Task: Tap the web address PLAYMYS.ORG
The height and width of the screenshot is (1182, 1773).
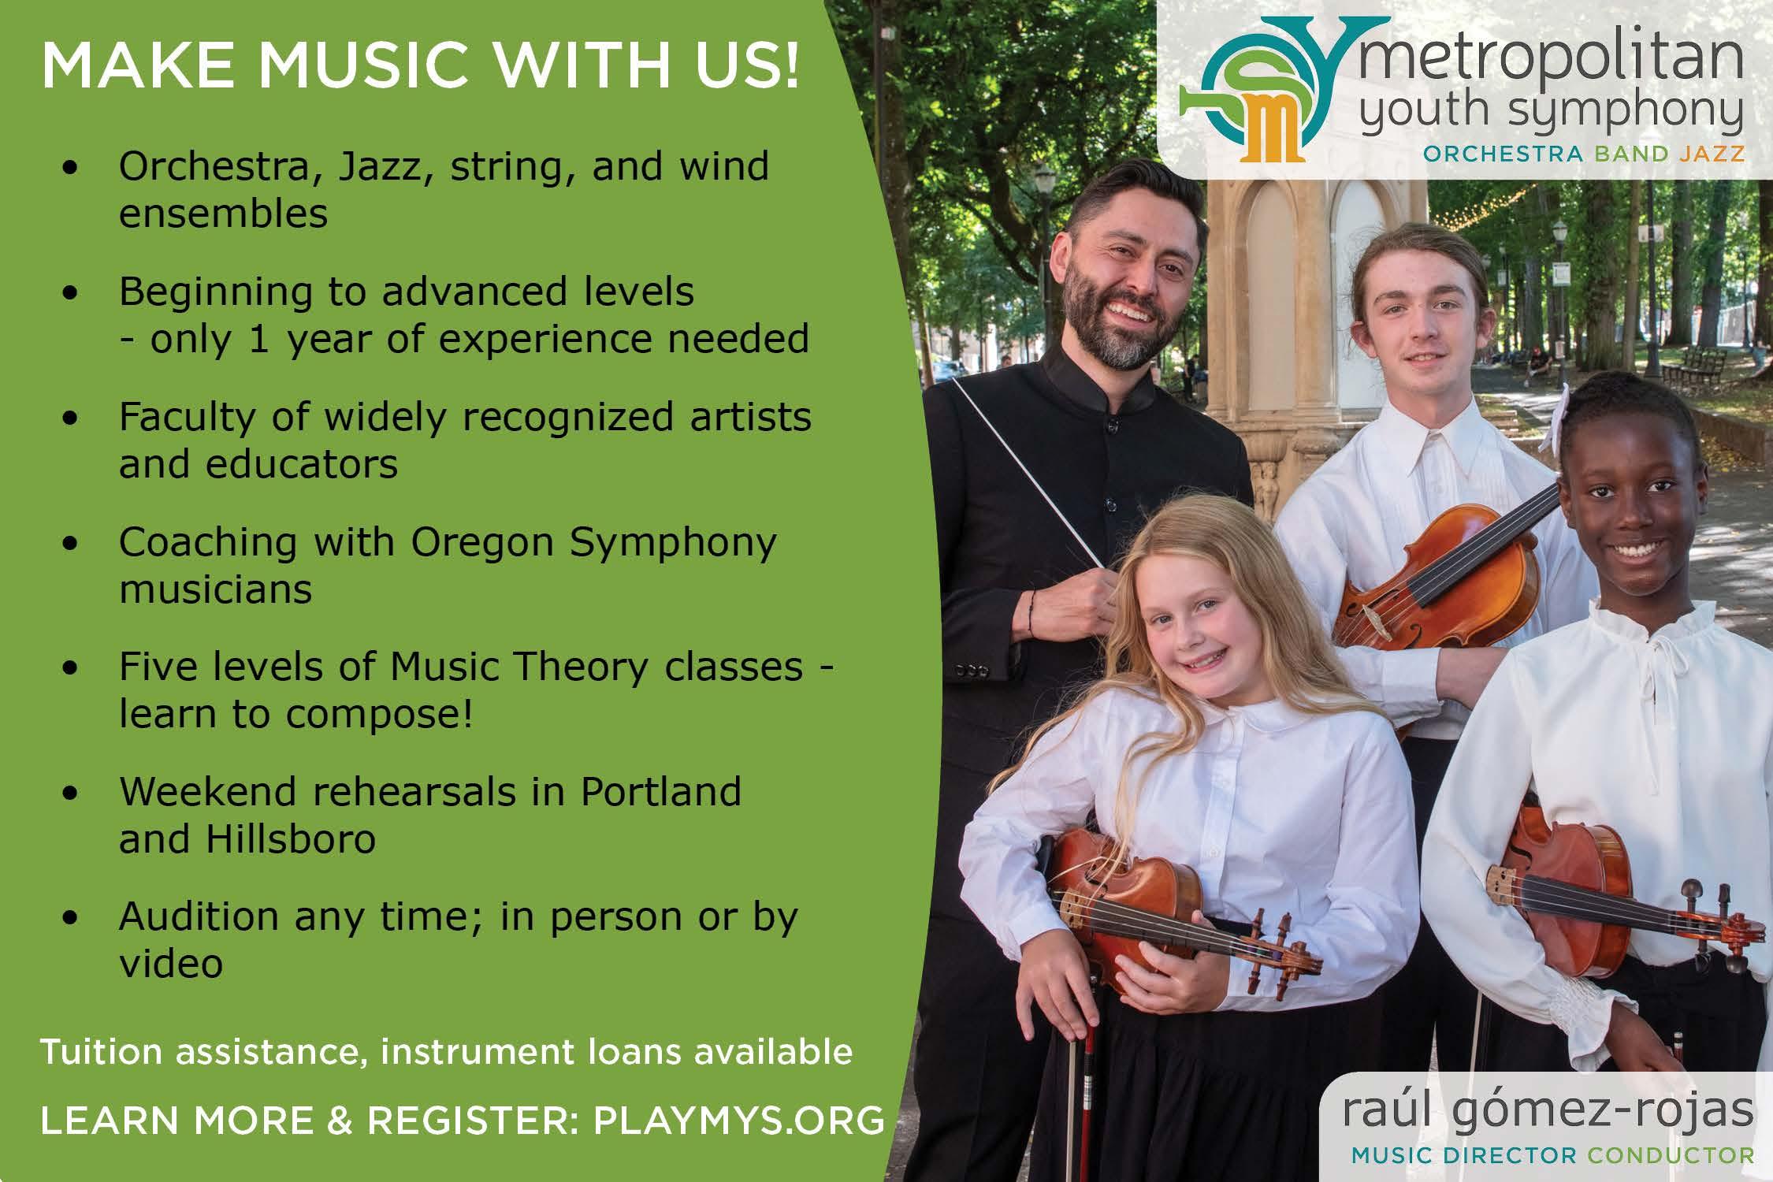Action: pyautogui.click(x=738, y=1120)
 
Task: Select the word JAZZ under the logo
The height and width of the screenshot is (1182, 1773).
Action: pyautogui.click(x=1723, y=154)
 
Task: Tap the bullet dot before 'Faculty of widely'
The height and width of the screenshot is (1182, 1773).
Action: pyautogui.click(x=73, y=419)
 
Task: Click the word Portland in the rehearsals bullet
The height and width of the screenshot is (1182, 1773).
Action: pyautogui.click(x=661, y=792)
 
